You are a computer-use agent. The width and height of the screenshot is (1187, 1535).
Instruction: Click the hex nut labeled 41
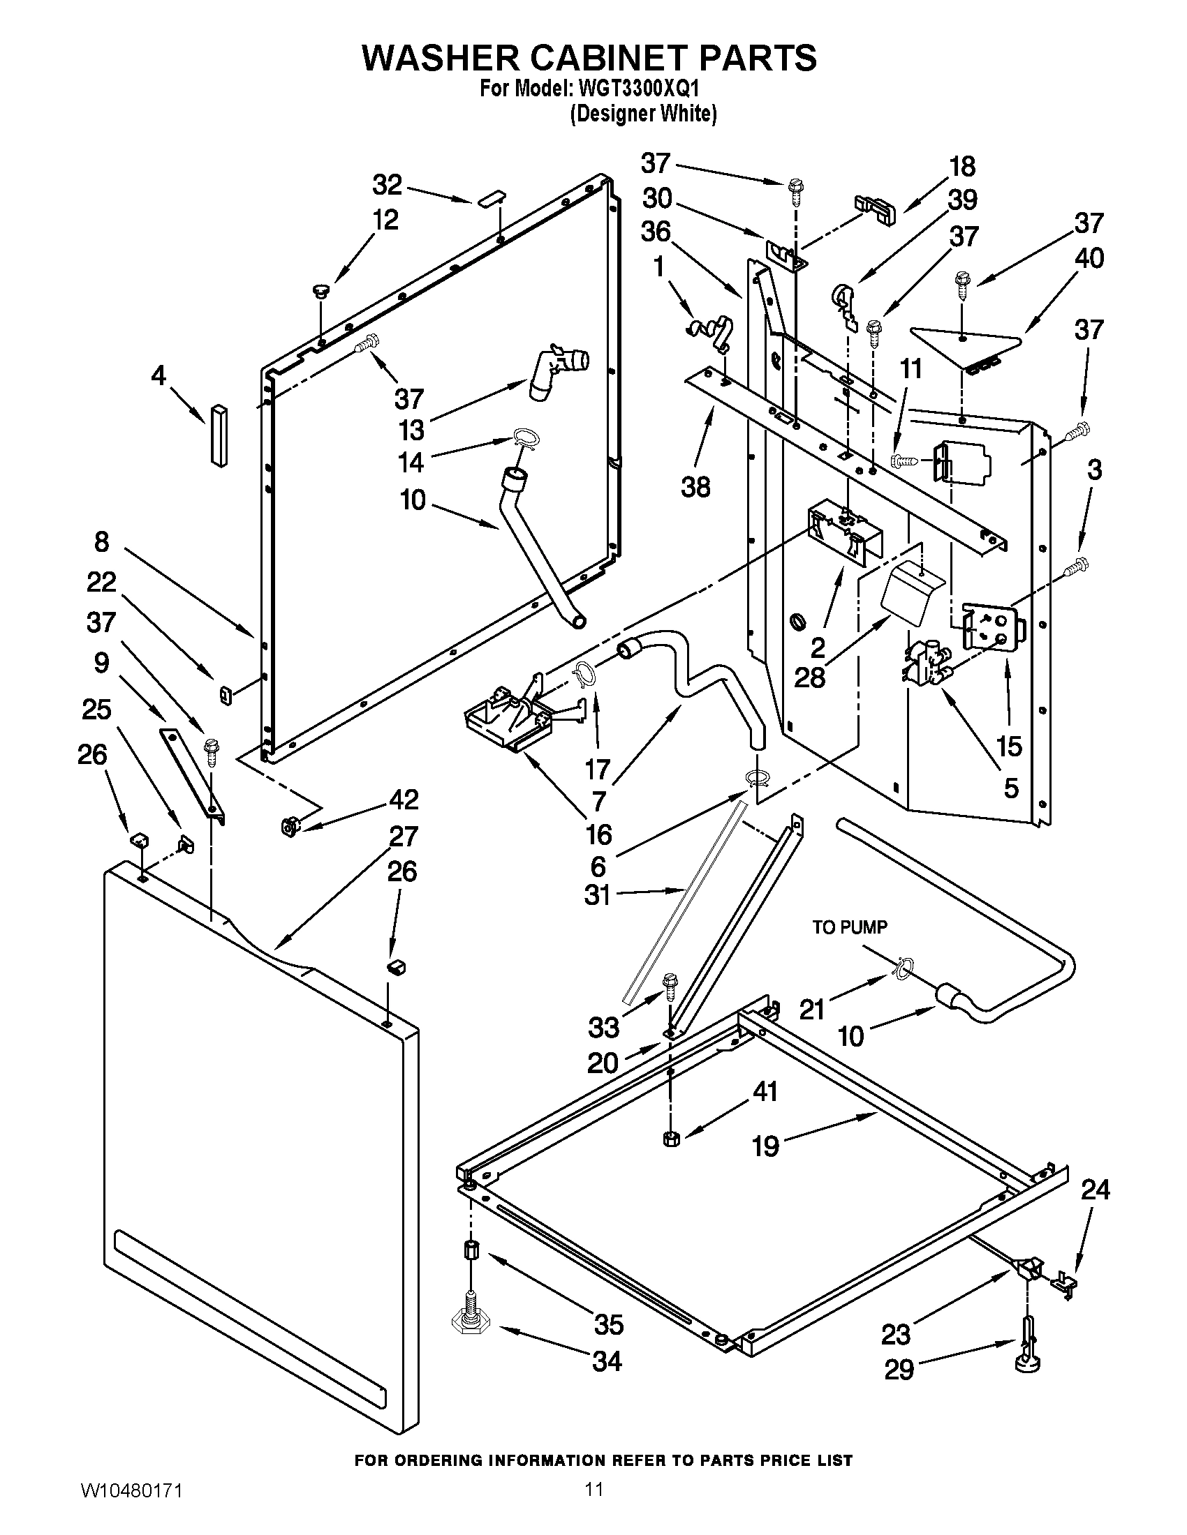(x=670, y=1139)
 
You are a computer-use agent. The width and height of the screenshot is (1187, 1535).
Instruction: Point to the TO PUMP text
(x=850, y=927)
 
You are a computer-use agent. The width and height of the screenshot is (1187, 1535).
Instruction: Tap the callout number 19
(x=765, y=1146)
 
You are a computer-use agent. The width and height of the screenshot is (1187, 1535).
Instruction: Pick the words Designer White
(x=642, y=113)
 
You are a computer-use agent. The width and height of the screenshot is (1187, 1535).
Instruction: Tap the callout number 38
(x=695, y=486)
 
